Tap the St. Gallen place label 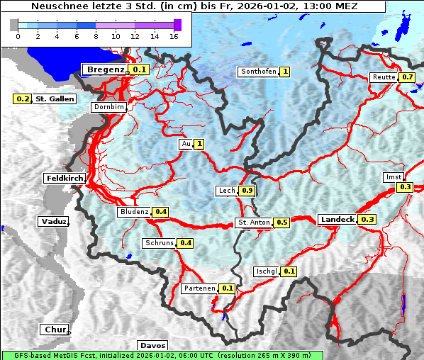(x=55, y=99)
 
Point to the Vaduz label (x=53, y=221)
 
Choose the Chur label (x=54, y=330)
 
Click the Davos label (x=152, y=345)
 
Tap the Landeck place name (x=337, y=220)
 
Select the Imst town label (x=393, y=176)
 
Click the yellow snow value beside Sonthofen (x=284, y=72)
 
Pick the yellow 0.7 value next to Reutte (x=407, y=77)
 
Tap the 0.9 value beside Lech (x=247, y=191)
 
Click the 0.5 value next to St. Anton (x=281, y=223)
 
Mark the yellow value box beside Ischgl (x=289, y=271)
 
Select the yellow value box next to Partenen (x=227, y=288)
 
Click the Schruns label (x=159, y=243)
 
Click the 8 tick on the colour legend (x=96, y=35)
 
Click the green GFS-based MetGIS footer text (x=162, y=355)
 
